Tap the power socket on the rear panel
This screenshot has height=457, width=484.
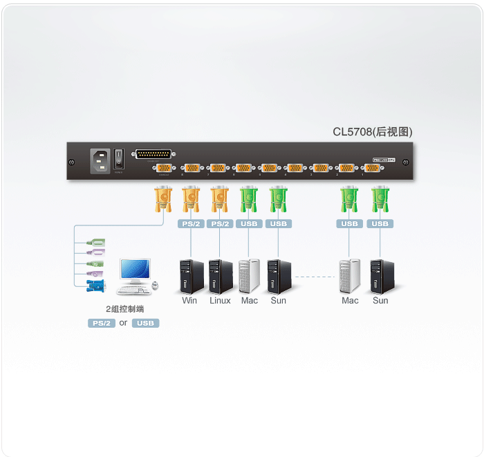[99, 160]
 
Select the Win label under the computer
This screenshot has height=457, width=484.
[189, 301]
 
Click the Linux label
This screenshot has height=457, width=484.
[220, 301]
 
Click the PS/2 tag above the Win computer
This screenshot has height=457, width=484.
[190, 224]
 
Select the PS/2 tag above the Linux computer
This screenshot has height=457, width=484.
[220, 224]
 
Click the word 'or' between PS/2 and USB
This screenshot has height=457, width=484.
[123, 323]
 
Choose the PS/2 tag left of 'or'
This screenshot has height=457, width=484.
[101, 323]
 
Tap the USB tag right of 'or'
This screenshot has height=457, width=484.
[145, 323]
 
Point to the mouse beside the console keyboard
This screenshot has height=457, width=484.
[155, 286]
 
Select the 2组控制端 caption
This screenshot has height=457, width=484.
[124, 309]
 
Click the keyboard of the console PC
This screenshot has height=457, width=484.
[133, 290]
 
